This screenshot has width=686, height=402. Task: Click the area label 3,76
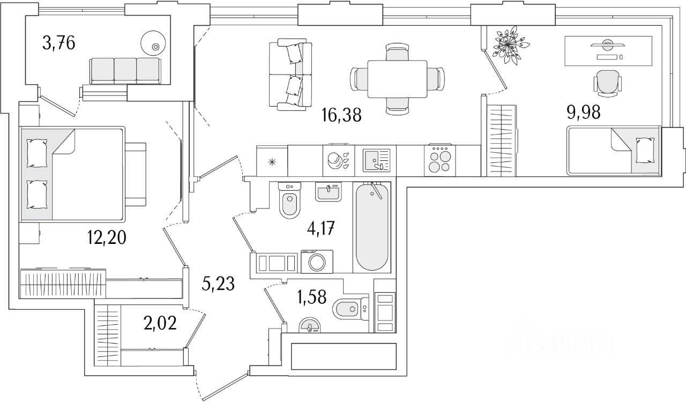[59, 42]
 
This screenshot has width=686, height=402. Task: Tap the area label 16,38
[341, 114]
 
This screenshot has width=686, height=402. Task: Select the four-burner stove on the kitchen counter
[439, 160]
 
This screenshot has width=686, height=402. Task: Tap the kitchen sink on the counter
[377, 160]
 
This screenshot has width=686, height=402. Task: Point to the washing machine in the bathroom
[317, 263]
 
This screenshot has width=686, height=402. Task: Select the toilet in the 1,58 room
[349, 309]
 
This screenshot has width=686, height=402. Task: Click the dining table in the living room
[397, 79]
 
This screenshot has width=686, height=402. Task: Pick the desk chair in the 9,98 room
[608, 83]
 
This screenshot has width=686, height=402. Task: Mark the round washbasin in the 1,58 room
[309, 325]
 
